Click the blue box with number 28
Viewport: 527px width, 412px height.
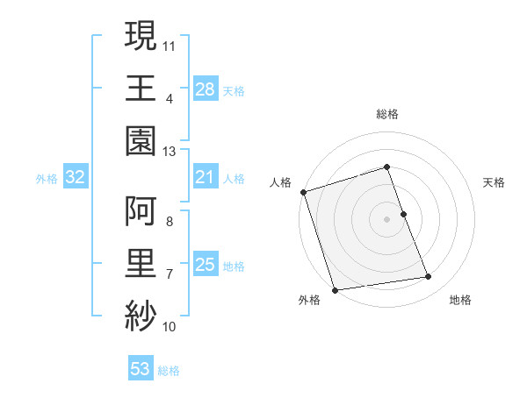(205, 89)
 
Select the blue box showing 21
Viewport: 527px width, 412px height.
(205, 178)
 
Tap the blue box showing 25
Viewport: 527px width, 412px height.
(205, 265)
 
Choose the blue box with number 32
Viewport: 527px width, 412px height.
(76, 178)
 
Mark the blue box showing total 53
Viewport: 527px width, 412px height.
(141, 369)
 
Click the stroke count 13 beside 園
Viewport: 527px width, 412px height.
(170, 152)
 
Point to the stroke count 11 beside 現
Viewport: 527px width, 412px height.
(170, 44)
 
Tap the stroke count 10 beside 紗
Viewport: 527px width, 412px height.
(170, 327)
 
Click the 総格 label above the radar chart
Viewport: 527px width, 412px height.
(387, 114)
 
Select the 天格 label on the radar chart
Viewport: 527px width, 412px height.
(494, 182)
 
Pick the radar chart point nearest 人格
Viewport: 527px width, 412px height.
(303, 192)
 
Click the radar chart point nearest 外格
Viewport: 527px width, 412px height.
(335, 290)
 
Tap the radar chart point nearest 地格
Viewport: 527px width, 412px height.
(429, 277)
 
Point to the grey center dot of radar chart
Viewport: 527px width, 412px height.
(386, 219)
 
